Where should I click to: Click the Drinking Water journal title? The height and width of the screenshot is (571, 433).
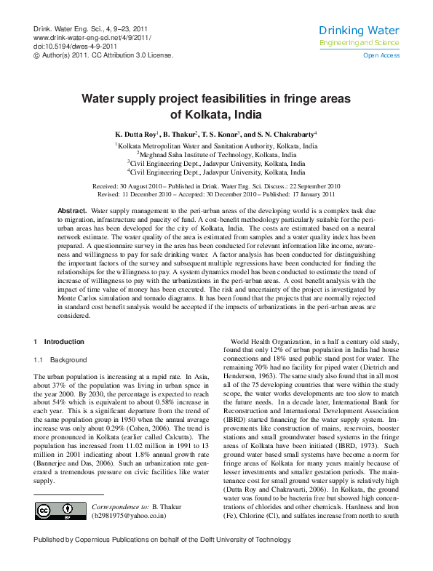pos(359,31)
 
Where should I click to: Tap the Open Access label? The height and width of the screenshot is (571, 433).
pos(381,55)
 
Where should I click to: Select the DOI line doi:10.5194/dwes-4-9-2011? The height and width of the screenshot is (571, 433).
pos(73,46)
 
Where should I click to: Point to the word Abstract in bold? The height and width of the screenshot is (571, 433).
pos(72,210)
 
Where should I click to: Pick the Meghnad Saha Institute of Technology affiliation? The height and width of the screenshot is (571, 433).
pos(218,155)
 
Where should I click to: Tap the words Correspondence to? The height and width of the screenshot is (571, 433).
pos(121,506)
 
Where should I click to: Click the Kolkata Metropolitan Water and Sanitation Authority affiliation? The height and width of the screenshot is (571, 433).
pos(218,146)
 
